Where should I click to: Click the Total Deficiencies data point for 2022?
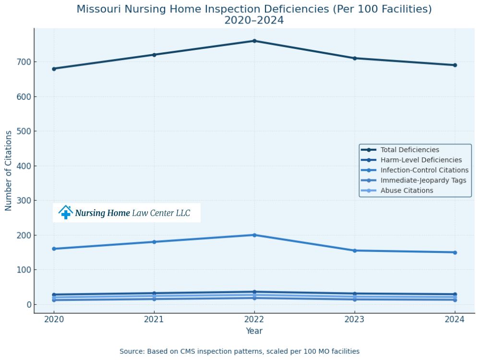coord(254,41)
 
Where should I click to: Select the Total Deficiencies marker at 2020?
coord(54,69)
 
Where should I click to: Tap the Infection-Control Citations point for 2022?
coord(254,235)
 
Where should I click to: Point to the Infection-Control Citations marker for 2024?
coord(455,252)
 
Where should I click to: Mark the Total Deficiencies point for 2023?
coord(355,58)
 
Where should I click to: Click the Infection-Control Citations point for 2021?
coord(154,242)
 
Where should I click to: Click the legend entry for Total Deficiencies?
coord(409,150)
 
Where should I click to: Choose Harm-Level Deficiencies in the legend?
coord(421,160)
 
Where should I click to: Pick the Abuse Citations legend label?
coord(407,191)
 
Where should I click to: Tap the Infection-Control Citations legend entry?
coord(424,170)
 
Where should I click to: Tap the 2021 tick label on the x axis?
coord(154,319)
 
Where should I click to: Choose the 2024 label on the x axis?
coord(455,319)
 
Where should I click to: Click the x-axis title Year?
coord(254,331)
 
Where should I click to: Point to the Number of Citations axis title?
coord(9,170)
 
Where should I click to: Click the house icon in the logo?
coord(66,213)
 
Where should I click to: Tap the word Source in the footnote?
coord(131,351)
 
